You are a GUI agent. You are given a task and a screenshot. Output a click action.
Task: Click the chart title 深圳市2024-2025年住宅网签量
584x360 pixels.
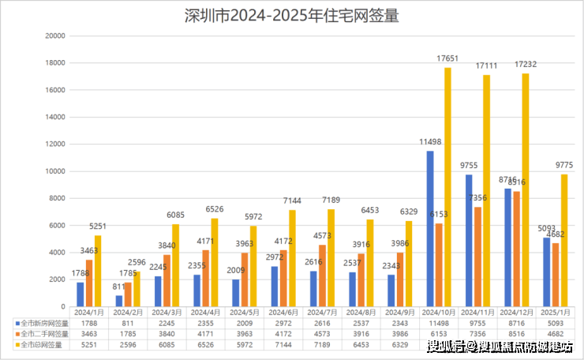pos(291,15)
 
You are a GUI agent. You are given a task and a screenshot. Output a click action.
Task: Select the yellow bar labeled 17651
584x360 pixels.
pos(447,189)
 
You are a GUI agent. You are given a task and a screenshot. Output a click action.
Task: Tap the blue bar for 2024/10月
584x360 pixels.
pos(430,229)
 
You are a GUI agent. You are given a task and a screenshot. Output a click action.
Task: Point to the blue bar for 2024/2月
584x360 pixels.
pos(118,301)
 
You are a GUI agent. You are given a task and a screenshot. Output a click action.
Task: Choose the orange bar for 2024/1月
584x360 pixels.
pos(89,283)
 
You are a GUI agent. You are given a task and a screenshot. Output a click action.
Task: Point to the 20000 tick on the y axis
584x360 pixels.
pos(54,36)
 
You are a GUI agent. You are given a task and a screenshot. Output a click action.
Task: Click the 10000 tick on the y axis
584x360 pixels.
pos(54,171)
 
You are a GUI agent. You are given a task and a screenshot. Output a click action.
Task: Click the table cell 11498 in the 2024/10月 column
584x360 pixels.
pos(439,323)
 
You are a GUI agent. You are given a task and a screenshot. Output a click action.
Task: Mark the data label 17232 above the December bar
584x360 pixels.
pos(525,65)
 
